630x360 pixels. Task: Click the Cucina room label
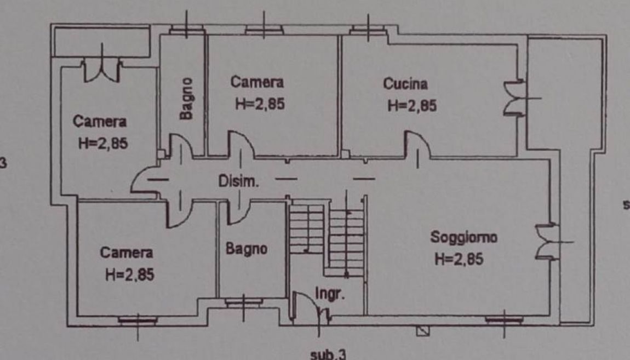(405, 84)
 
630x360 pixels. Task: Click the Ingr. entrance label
(331, 295)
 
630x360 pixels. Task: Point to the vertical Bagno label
(187, 99)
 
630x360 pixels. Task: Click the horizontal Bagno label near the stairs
(247, 249)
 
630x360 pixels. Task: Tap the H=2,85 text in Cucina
(412, 106)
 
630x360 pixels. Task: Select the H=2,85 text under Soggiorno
(459, 259)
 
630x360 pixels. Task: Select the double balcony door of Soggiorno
(546, 240)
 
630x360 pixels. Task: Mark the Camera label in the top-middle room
(257, 83)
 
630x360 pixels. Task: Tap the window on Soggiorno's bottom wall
(503, 318)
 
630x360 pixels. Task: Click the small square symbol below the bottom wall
(421, 331)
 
